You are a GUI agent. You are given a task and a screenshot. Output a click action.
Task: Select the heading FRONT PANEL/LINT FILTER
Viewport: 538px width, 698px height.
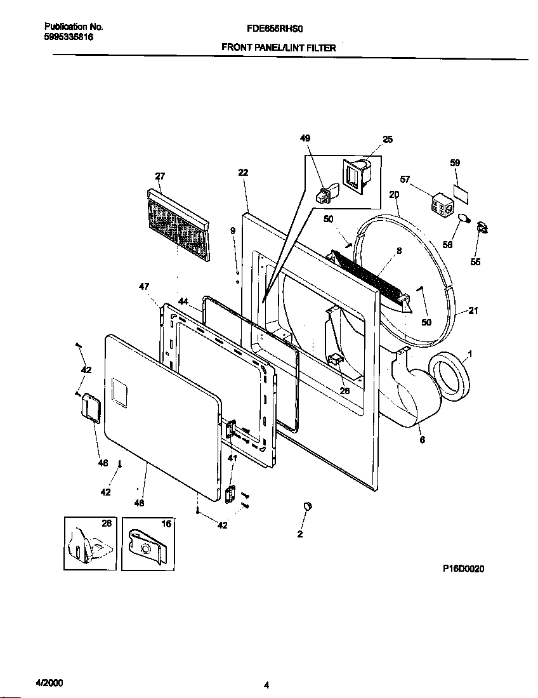point(278,48)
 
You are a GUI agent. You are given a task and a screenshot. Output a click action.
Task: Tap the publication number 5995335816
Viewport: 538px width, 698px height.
point(69,37)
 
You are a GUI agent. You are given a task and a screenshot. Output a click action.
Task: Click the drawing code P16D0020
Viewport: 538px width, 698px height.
point(463,569)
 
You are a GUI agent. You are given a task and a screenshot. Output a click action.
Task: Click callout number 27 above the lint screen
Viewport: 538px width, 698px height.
point(160,176)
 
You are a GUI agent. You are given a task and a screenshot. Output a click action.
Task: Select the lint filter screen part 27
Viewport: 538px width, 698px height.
point(177,225)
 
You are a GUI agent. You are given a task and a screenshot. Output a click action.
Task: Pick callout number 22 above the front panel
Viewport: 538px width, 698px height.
point(243,172)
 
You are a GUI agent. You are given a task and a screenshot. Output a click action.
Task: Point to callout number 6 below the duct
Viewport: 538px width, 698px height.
point(422,440)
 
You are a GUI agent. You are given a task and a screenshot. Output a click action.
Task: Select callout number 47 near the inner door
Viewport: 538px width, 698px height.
point(144,287)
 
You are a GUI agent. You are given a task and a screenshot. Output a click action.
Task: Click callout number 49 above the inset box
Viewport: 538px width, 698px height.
point(305,139)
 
